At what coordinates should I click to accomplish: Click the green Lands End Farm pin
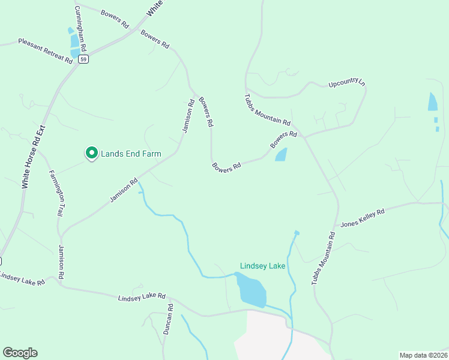(x=91, y=154)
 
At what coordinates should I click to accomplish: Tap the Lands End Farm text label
(x=131, y=154)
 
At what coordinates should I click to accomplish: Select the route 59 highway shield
(x=83, y=59)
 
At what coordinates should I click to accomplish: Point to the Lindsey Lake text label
(x=262, y=266)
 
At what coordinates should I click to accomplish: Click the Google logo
(x=20, y=353)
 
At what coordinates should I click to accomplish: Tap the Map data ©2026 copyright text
(x=423, y=355)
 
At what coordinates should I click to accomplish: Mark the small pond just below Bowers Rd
(x=281, y=155)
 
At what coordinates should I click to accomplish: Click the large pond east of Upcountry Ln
(x=433, y=102)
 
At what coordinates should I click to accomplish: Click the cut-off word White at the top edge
(x=154, y=8)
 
